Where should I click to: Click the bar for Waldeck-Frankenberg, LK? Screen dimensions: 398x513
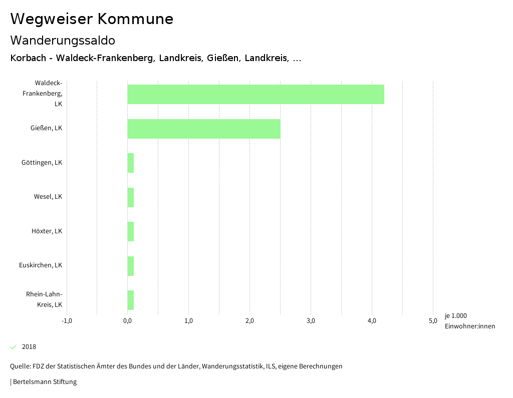coord(255,94)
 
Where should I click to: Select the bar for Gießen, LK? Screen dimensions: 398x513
coord(204,129)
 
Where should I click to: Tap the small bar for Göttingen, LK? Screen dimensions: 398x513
coord(131,163)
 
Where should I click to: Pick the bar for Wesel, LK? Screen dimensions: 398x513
coord(131,197)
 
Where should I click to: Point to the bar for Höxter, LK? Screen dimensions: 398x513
coord(131,231)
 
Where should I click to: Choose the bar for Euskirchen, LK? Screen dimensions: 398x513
coord(131,266)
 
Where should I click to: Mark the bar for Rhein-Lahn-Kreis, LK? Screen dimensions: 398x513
coord(131,300)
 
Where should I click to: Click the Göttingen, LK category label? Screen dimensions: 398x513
coord(42,163)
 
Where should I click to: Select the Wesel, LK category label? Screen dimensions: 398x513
coord(48,197)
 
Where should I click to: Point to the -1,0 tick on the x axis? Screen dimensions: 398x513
coord(67,321)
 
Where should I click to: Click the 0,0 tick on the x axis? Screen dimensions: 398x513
coord(128,321)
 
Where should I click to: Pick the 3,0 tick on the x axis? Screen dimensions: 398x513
coord(311,321)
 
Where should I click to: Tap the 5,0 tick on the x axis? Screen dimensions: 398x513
coord(433,321)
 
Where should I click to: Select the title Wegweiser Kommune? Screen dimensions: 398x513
coord(92,19)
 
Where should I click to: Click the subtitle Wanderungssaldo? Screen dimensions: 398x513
coord(63,40)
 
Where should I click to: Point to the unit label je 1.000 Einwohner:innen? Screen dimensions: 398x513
coord(469,321)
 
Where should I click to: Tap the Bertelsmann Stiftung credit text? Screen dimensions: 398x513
coord(45,382)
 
